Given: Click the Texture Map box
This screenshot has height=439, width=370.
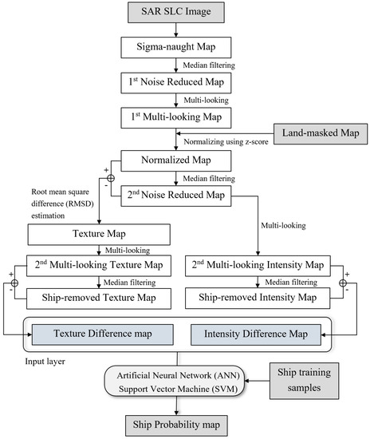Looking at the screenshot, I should [99, 235].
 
